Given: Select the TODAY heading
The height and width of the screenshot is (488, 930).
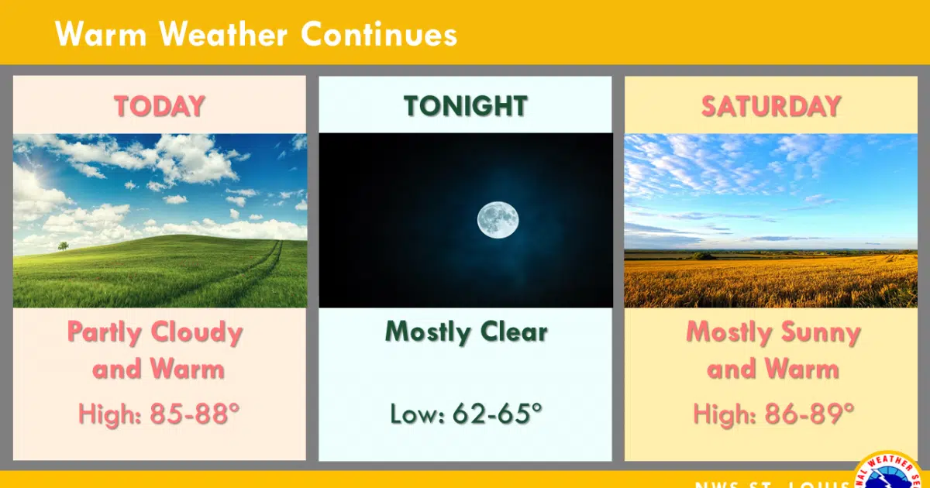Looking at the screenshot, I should [160, 105].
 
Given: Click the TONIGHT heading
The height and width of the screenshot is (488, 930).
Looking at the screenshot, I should [465, 105].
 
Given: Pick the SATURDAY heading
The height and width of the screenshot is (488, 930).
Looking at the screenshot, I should [771, 105].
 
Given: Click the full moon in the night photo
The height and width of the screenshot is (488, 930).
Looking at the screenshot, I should [498, 219].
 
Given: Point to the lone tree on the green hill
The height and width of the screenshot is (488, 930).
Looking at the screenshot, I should [63, 246].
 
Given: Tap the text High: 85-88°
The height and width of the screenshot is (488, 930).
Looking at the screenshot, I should [159, 414].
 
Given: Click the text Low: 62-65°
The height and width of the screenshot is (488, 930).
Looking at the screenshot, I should [465, 414].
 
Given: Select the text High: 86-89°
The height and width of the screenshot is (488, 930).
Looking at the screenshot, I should [773, 414].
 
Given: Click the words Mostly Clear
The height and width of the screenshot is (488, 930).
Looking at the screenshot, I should [466, 332].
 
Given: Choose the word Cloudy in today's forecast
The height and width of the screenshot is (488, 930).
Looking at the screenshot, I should [197, 332].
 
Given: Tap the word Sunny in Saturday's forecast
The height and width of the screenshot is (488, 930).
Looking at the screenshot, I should [817, 332].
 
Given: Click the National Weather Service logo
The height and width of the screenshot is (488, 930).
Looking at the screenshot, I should [891, 473].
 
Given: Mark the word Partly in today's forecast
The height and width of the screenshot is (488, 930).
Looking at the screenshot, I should [105, 332].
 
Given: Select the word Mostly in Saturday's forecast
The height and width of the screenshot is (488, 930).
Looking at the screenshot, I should [725, 332].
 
